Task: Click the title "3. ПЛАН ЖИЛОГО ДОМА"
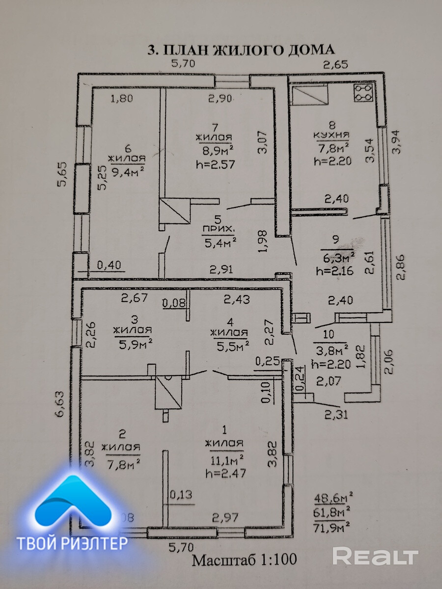coord(241,50)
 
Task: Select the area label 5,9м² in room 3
coord(132,344)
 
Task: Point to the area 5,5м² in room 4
coord(229,347)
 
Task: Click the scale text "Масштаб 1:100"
coord(244,560)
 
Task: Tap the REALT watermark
coord(375,556)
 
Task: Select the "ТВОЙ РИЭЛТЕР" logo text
coord(72,543)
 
